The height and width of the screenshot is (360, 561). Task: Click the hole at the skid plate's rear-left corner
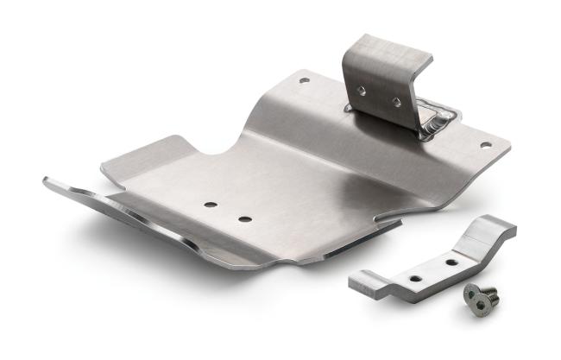304,80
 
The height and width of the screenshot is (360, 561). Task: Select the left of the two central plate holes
210,205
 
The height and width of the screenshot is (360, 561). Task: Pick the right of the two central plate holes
245,218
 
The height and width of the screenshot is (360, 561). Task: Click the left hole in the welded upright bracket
363,89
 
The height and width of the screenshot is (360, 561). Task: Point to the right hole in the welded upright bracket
396,102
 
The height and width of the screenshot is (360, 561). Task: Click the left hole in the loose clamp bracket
416,278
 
